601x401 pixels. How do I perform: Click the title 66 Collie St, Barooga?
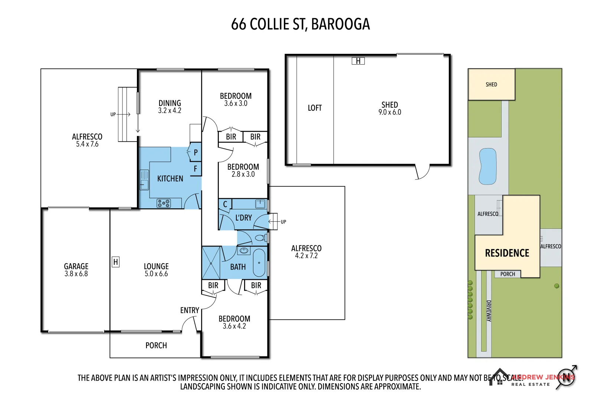pos(300,25)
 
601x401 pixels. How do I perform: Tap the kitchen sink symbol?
pos(144,180)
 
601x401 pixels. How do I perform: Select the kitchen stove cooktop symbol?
pos(164,203)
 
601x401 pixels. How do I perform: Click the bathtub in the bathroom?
pos(259,263)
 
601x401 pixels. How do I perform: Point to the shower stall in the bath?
pos(211,263)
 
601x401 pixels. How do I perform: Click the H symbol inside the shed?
pos(358,61)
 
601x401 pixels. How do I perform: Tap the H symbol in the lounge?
pos(115,262)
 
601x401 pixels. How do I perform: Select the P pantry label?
pos(196,153)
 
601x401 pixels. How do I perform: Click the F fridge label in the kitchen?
pos(196,169)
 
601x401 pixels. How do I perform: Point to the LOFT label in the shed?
pos(315,108)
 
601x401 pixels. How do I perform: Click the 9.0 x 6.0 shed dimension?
pos(390,113)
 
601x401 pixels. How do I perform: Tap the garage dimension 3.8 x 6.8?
pos(76,274)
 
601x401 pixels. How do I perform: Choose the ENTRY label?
pos(190,310)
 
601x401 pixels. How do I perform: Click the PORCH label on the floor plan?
pos(156,346)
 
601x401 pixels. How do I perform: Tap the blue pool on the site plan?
pos(487,166)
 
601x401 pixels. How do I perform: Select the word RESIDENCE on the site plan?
pos(507,253)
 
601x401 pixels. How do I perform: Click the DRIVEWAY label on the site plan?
pos(489,311)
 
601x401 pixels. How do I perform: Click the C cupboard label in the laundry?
pos(225,204)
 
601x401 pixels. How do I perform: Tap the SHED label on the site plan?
pos(491,85)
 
